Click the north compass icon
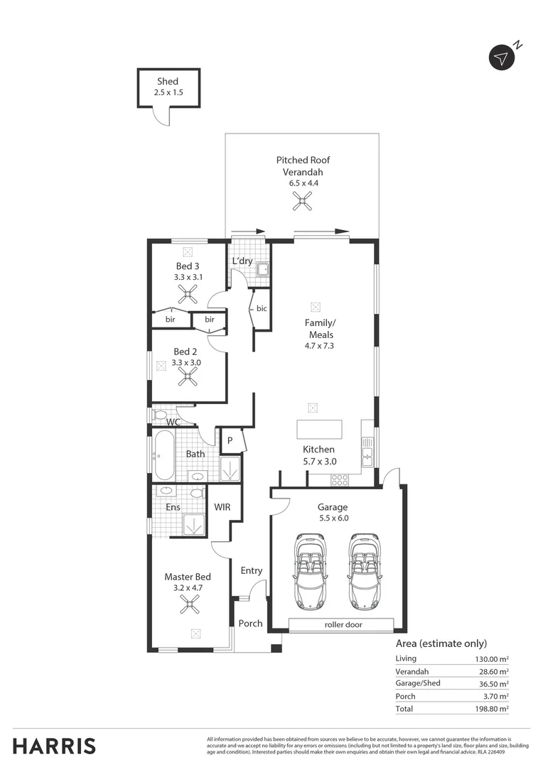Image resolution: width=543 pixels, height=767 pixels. tap(502, 58)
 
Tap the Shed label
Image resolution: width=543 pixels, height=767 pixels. tap(168, 82)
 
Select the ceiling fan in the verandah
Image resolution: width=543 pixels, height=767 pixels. tap(303, 204)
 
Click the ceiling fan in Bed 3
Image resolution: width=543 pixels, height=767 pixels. tap(188, 294)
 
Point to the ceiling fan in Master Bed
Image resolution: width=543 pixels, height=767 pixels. tap(189, 604)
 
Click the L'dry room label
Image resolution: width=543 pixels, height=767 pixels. tap(242, 261)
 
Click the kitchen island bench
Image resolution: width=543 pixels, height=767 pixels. tap(319, 430)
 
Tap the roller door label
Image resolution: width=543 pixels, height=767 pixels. tap(340, 625)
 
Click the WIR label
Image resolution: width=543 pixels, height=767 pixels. tap(222, 507)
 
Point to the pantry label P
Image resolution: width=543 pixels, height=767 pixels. tap(230, 440)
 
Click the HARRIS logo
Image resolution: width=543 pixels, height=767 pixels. tap(54, 746)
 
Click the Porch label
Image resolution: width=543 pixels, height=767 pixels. tap(250, 624)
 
